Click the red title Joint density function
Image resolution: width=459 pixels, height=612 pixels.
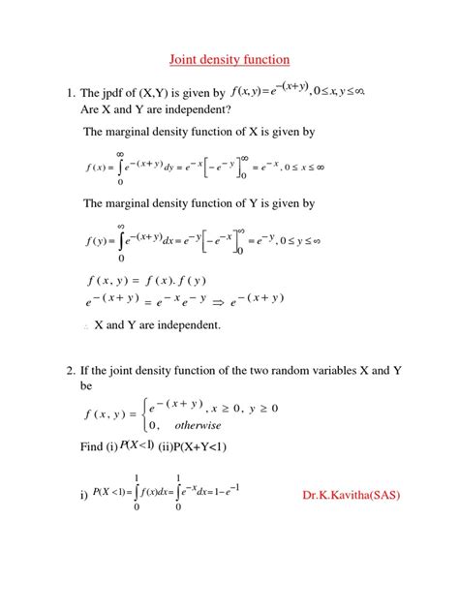click(229, 60)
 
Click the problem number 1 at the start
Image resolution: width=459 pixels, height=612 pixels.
click(70, 94)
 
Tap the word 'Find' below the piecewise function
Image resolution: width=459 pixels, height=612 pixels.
click(95, 446)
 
